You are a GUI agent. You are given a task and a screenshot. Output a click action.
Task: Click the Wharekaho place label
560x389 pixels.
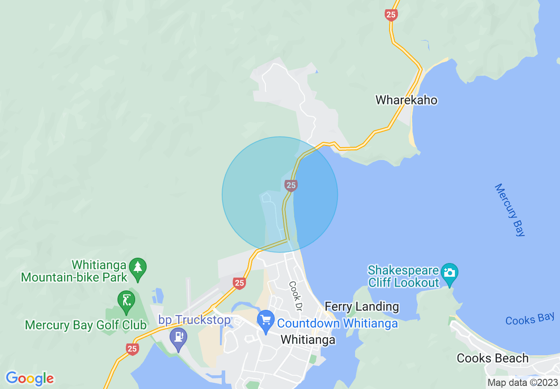point(406,100)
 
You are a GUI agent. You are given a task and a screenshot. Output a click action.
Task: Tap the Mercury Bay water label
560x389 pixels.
point(510,210)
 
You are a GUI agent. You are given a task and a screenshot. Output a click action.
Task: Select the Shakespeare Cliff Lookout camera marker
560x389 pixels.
point(450,272)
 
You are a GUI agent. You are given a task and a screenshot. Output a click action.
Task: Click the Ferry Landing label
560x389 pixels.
point(362,306)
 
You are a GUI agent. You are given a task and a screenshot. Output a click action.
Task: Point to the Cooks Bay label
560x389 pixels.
point(530,319)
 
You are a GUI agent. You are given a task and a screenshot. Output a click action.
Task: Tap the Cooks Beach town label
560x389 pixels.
point(492,358)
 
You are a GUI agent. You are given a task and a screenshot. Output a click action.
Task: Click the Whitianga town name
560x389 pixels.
point(308,339)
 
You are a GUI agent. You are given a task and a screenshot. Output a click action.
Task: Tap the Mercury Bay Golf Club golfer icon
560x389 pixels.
point(126,300)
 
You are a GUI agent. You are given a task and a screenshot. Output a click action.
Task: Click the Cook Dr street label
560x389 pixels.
point(295,295)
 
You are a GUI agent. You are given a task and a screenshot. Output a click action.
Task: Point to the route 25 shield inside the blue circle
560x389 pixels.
point(291,185)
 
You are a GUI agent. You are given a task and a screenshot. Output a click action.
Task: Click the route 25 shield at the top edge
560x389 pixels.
point(391,15)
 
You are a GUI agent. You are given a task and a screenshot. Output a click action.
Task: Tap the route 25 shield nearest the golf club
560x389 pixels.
point(132,349)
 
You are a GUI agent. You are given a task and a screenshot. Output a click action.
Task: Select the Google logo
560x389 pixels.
point(30,378)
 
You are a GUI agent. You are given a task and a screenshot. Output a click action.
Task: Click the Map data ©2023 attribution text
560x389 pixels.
point(523,382)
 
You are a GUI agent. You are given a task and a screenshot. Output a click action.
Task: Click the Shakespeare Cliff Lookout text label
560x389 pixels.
point(404,276)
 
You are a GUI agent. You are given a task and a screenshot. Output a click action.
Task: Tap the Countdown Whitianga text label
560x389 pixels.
point(337,324)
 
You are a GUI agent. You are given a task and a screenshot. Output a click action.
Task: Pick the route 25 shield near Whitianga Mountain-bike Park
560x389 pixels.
point(239,283)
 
